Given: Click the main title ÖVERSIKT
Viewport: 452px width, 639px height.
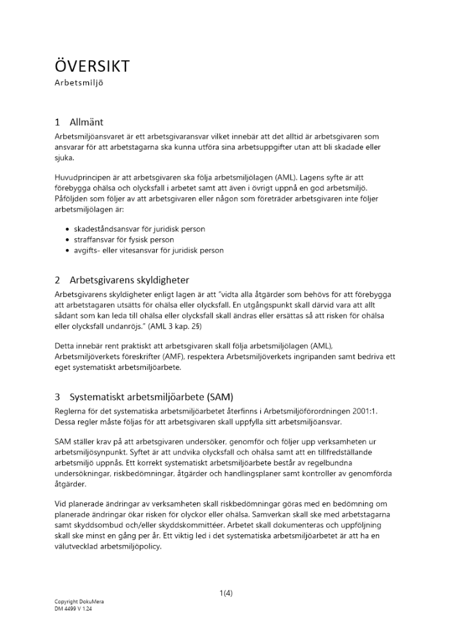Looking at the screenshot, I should [92, 66].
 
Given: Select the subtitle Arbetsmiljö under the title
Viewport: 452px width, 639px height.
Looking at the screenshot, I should [79, 83].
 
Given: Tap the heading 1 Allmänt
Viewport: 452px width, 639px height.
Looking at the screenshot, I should [79, 122].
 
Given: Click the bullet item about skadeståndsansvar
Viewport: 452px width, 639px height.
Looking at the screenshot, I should [140, 229].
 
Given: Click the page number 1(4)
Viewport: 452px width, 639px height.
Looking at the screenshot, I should [226, 592].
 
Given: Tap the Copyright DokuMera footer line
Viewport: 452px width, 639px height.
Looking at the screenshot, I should [79, 602].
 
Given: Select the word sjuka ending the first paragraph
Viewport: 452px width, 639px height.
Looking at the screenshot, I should [65, 158].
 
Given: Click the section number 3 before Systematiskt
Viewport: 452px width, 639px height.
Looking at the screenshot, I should [58, 396].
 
